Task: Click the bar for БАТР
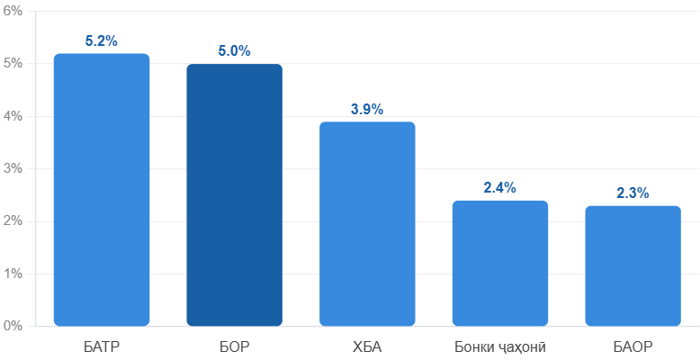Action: pos(102,189)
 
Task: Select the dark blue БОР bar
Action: pos(234,194)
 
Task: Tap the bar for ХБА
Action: pos(367,223)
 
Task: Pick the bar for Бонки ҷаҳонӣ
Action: pos(499,263)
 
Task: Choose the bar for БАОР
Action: pos(633,265)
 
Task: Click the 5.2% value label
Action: pos(102,40)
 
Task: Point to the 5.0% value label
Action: pos(234,51)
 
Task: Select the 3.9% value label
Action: pos(367,109)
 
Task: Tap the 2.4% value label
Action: pos(499,187)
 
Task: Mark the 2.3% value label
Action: pos(633,193)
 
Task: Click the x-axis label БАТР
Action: pos(102,346)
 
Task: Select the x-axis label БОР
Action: pos(234,346)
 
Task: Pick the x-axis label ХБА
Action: pos(367,346)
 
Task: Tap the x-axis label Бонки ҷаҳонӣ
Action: pos(499,346)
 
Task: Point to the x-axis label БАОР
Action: pos(633,346)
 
